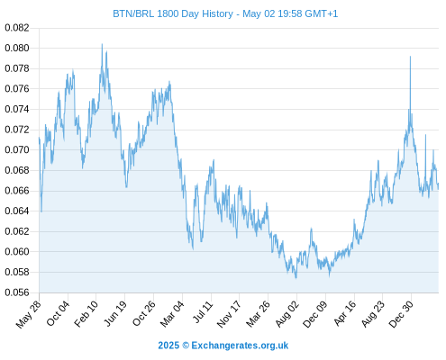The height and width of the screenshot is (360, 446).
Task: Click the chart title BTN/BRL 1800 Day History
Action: [x=173, y=13]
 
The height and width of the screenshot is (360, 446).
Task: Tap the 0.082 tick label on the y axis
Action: [x=17, y=28]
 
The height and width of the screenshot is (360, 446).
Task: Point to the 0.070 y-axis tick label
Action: [x=17, y=149]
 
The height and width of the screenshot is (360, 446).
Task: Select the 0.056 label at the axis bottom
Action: [x=17, y=292]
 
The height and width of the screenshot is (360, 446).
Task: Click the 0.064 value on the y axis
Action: [x=17, y=211]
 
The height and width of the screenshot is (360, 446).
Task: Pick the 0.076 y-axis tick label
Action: [x=17, y=89]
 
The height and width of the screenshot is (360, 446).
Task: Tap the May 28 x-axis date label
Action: [x=29, y=314]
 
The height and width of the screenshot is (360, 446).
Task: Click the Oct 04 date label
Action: [x=58, y=313]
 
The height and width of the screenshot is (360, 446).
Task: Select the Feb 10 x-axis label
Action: [x=86, y=313]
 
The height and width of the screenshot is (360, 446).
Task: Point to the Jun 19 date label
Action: [x=114, y=313]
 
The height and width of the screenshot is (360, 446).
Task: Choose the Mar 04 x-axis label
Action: [x=172, y=313]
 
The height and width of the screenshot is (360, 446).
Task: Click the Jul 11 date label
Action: [x=203, y=311]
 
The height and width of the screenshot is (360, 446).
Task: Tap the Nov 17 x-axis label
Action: [x=229, y=314]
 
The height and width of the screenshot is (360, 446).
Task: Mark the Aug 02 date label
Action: [x=287, y=313]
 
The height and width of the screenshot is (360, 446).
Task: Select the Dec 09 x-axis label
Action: [x=315, y=314]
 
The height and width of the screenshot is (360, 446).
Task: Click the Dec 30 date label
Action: [x=401, y=314]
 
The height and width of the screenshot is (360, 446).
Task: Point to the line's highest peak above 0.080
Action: [x=102, y=44]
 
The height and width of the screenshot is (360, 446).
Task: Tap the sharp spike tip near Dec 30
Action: [x=410, y=57]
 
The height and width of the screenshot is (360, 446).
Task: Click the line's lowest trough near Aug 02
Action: [x=296, y=278]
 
